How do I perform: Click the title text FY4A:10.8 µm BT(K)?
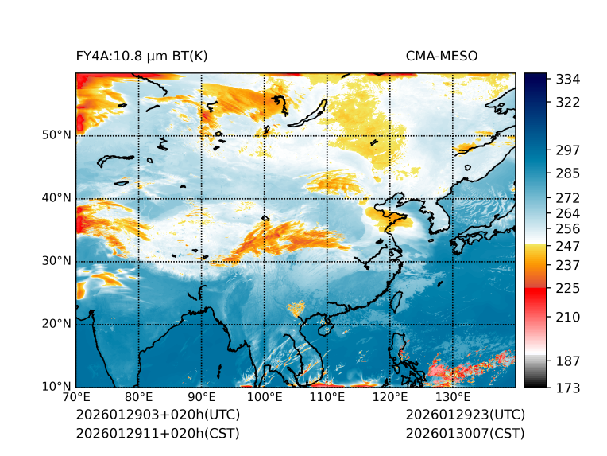[x=141, y=57]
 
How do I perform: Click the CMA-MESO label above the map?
[x=441, y=57]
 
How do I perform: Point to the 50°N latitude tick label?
[x=56, y=135]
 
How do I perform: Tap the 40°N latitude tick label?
[x=56, y=198]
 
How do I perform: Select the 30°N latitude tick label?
[x=56, y=261]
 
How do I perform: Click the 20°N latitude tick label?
[x=56, y=324]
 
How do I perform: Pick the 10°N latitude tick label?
[x=56, y=388]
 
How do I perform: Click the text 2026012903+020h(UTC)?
[x=157, y=415]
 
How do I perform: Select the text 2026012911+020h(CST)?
[x=157, y=434]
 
